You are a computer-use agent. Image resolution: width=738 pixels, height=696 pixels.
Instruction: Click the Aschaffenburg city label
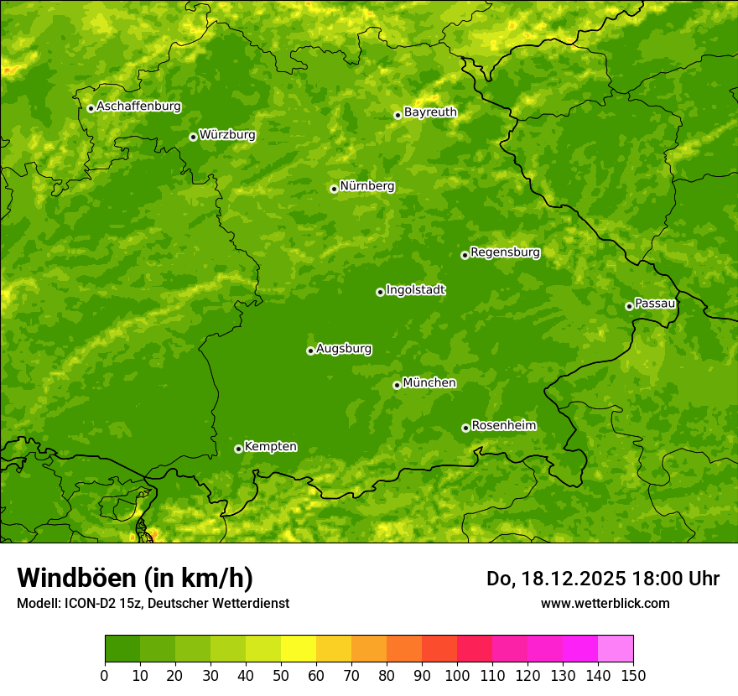click(x=138, y=106)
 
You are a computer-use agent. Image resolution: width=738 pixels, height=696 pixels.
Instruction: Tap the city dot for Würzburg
click(x=193, y=137)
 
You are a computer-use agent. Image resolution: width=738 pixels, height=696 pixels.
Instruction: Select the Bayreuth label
click(x=430, y=112)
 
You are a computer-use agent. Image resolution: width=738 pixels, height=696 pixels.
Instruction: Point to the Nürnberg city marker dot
click(x=334, y=189)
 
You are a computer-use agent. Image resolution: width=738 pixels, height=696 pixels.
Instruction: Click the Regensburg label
click(x=505, y=252)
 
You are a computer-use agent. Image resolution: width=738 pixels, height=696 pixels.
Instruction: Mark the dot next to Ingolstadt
click(x=380, y=292)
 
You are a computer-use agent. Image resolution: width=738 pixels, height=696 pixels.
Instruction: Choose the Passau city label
click(x=655, y=303)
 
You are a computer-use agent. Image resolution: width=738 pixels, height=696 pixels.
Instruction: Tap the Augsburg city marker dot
click(x=310, y=351)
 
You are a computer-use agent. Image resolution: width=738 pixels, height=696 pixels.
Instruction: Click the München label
click(x=429, y=382)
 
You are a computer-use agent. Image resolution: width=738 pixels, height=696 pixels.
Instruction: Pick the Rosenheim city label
click(x=503, y=425)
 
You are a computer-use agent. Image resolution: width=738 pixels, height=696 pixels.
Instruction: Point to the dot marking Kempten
click(x=238, y=449)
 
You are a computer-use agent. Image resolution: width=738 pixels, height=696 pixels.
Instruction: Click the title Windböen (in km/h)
click(x=134, y=578)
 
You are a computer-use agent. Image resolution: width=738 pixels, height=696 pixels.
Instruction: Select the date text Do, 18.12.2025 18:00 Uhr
click(x=602, y=579)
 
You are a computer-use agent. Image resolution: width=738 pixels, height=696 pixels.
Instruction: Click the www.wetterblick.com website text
click(x=605, y=603)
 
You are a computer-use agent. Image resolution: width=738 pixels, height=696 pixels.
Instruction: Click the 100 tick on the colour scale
click(x=457, y=674)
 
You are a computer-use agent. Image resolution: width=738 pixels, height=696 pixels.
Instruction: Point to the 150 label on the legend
click(x=633, y=674)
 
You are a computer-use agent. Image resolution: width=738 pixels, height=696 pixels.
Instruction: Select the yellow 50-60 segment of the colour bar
click(x=299, y=648)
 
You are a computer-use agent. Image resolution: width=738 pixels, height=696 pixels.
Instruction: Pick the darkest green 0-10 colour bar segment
click(x=122, y=648)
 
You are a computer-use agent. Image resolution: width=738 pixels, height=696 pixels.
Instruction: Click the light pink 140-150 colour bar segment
click(x=616, y=648)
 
